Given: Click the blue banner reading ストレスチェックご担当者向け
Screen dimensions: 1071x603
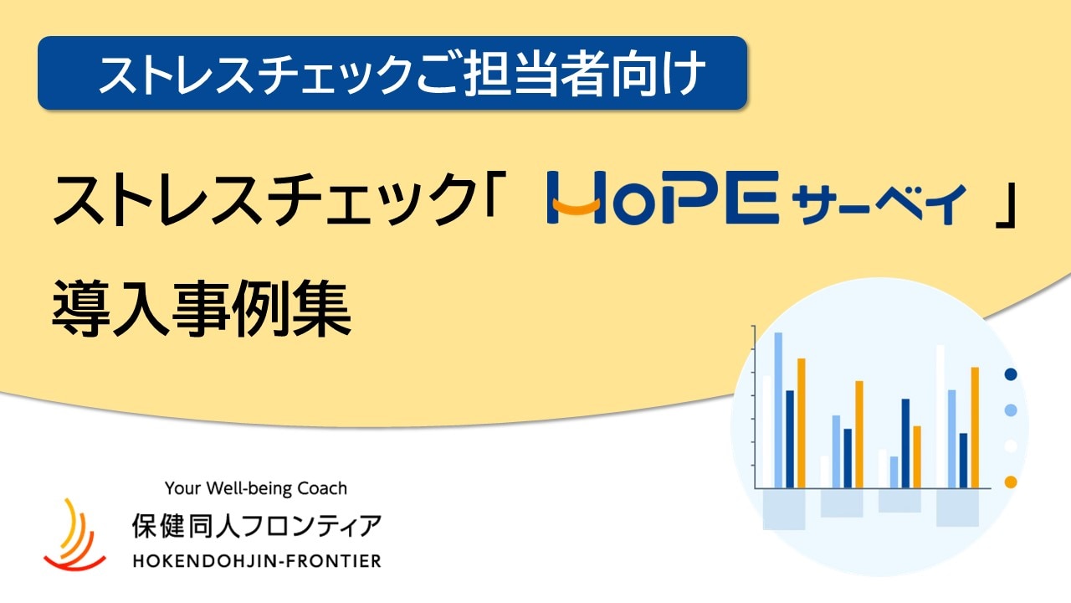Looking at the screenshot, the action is pos(392,73).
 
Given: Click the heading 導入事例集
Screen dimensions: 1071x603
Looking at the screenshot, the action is pos(202,308).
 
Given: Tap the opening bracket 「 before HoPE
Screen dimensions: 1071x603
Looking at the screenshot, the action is pos(494,190).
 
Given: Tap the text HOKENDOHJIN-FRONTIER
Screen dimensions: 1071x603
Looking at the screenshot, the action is pos(257,560).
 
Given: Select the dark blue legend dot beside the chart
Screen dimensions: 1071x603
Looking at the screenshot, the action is pos(1010,374).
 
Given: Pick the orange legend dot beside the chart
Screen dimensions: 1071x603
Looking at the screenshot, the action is pos(1010,482).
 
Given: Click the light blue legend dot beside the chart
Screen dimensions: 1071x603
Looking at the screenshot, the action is pos(1010,410).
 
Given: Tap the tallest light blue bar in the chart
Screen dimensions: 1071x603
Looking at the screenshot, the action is pos(778,410).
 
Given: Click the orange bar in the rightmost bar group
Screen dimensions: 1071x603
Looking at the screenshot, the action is pos(975,428).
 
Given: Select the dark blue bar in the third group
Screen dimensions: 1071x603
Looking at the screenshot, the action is pos(905,444).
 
